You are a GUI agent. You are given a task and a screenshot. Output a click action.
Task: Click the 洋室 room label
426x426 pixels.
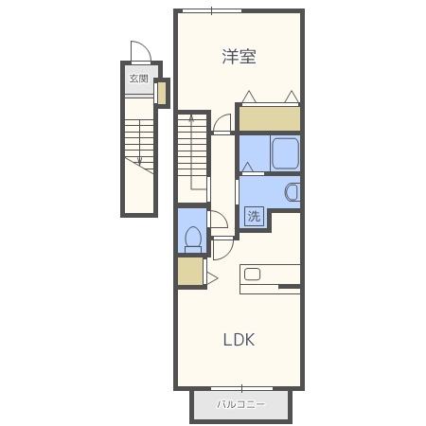[239, 57]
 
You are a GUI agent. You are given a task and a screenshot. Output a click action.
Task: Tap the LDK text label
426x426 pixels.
[239, 340]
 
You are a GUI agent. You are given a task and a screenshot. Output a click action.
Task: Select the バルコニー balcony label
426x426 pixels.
[241, 404]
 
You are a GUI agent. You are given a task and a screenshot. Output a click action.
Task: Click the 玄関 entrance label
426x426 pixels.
[139, 79]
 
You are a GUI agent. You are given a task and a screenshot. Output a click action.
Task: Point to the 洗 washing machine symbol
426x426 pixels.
[254, 216]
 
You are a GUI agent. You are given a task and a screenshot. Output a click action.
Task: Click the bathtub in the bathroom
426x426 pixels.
[285, 153]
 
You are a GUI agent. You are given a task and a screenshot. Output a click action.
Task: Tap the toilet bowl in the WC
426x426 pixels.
[193, 238]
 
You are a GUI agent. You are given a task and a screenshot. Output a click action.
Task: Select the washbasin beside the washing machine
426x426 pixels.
[292, 192]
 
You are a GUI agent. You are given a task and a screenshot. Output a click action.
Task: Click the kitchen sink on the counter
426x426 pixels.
[252, 275]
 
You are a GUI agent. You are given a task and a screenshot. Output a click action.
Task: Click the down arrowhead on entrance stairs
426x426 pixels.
[139, 163]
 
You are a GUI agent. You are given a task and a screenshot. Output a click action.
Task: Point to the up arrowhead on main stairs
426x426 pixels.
[191, 118]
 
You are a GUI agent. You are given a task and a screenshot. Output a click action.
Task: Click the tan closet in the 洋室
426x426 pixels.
[270, 118]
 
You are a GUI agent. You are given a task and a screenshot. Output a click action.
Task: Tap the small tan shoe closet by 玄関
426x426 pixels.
[162, 93]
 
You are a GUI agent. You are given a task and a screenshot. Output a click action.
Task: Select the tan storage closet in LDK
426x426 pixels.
[190, 272]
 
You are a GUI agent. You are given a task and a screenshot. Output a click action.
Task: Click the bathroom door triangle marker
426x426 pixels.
[248, 167]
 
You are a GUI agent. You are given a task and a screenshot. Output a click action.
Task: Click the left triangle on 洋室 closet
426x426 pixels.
[249, 97]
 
